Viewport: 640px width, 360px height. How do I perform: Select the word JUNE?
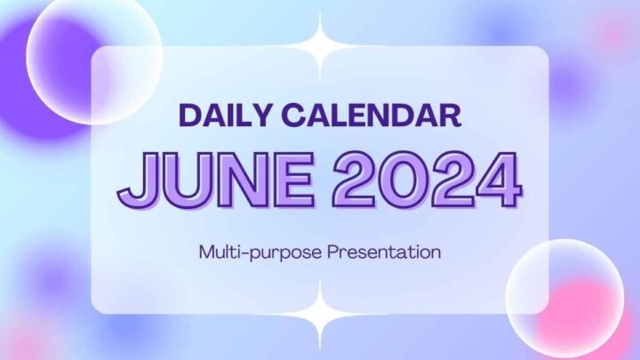[212, 180]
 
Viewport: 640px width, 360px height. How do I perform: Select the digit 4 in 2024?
[494, 180]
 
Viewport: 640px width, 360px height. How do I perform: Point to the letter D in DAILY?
[189, 116]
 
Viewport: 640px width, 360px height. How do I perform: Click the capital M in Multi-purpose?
[206, 252]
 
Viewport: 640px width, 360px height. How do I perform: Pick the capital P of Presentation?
[332, 252]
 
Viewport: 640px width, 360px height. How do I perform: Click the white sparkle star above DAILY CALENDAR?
[320, 45]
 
